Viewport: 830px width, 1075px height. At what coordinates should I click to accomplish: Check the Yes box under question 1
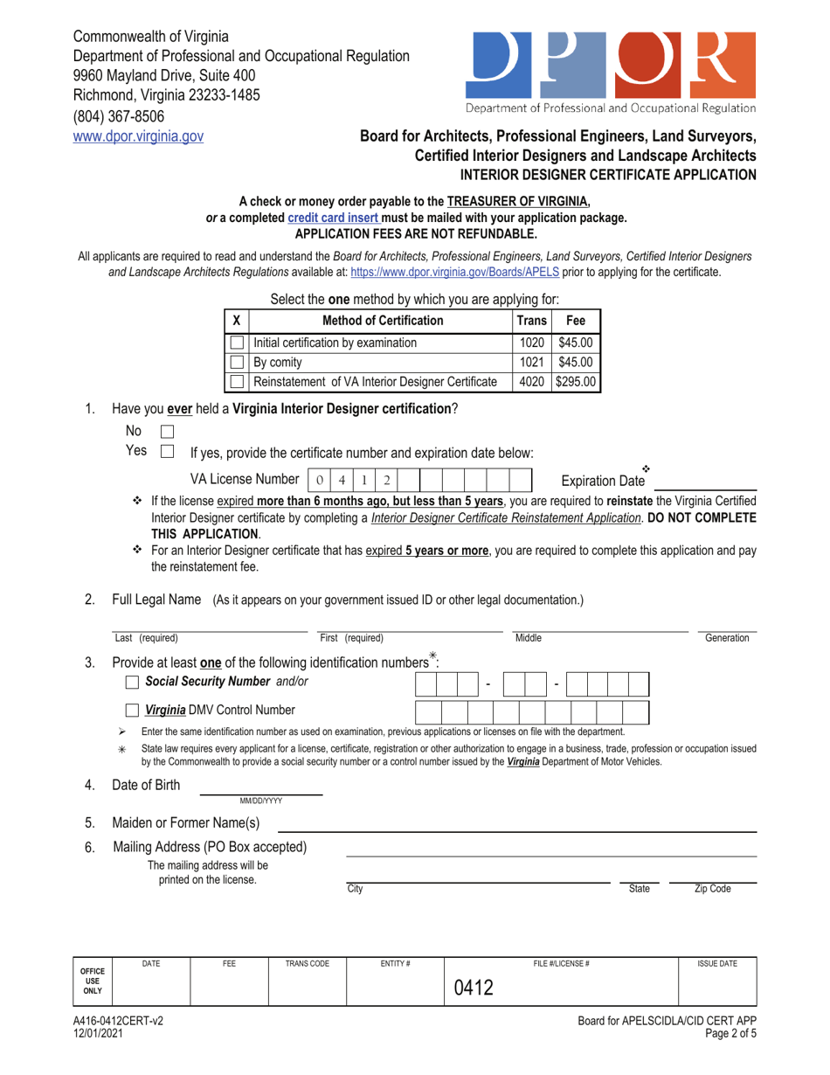click(x=169, y=452)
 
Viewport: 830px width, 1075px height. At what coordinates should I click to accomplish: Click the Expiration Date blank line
click(x=705, y=482)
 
